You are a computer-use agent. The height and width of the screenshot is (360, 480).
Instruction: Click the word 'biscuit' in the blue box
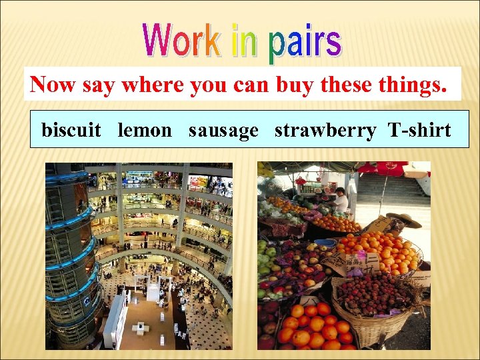(71, 130)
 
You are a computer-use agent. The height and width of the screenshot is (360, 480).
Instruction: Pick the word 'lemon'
(145, 130)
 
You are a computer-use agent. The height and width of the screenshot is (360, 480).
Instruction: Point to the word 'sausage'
(223, 130)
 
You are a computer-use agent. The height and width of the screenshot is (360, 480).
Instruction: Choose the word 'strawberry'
(325, 130)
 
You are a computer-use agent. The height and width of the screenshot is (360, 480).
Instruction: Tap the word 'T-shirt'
(419, 130)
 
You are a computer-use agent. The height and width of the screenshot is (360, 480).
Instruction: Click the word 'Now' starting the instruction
(53, 85)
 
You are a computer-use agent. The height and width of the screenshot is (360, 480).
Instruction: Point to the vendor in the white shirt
(341, 199)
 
